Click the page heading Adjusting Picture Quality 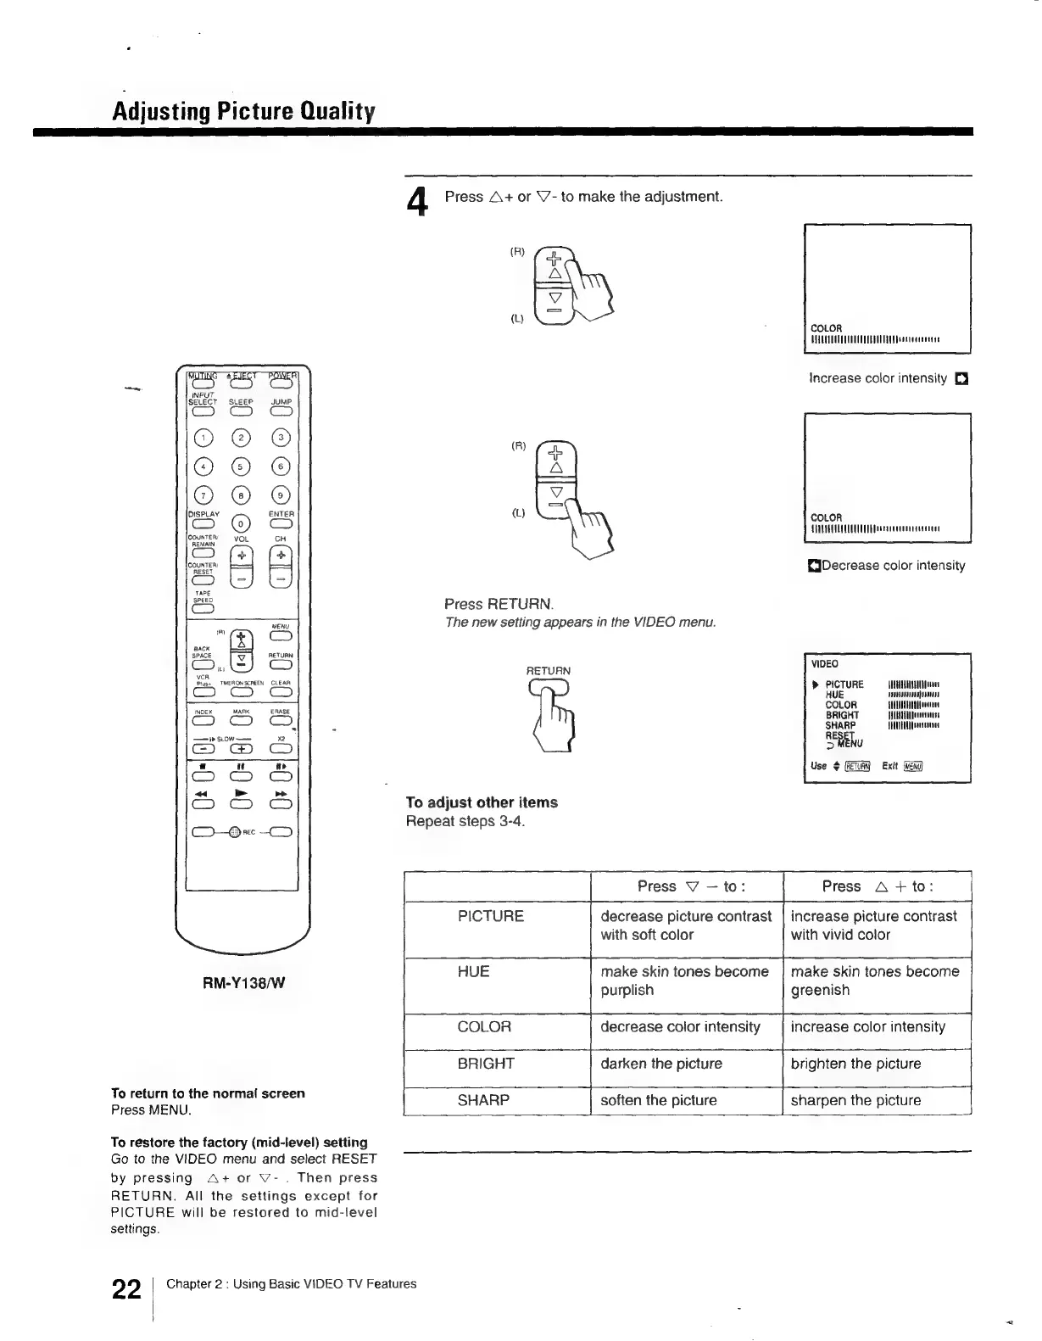coord(244,112)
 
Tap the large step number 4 coord(415,203)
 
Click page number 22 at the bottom coord(126,1290)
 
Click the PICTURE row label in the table coord(490,916)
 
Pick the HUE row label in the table coord(473,971)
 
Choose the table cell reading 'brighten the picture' coord(855,1064)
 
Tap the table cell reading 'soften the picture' coord(658,1100)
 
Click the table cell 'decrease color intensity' coord(680,1027)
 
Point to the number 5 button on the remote coord(242,467)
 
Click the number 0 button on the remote coord(242,522)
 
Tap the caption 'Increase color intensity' coord(878,378)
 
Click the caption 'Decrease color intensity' coord(893,566)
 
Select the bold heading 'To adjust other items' coord(482,802)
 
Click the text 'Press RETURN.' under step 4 coord(499,605)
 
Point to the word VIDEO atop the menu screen coord(824,664)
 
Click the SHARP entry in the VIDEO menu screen coord(840,725)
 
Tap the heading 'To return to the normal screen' coord(208,1093)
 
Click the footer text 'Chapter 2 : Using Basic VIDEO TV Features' coord(291,1284)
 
